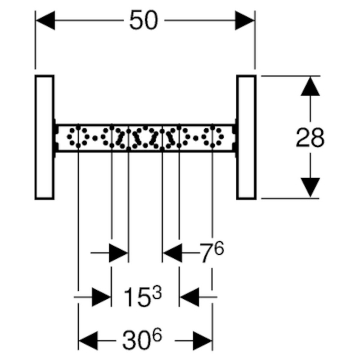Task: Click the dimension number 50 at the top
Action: (144, 20)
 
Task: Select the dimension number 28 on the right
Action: (310, 137)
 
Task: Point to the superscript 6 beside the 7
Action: (219, 248)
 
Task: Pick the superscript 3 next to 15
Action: (157, 292)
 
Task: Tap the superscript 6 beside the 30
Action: (157, 335)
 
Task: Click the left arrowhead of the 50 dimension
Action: (45, 20)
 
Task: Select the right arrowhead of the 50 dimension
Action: (244, 20)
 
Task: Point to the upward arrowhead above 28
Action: (310, 86)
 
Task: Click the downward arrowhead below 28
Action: (310, 188)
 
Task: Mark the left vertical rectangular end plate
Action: (45, 137)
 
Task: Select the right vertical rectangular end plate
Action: (246, 137)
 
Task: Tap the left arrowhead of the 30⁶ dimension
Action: (88, 341)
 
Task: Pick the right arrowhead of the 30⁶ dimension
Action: (202, 341)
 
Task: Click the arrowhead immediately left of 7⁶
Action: (172, 253)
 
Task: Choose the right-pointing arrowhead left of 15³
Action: (102, 297)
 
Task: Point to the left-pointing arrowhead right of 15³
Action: (189, 297)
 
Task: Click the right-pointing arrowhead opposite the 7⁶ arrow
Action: (118, 253)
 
